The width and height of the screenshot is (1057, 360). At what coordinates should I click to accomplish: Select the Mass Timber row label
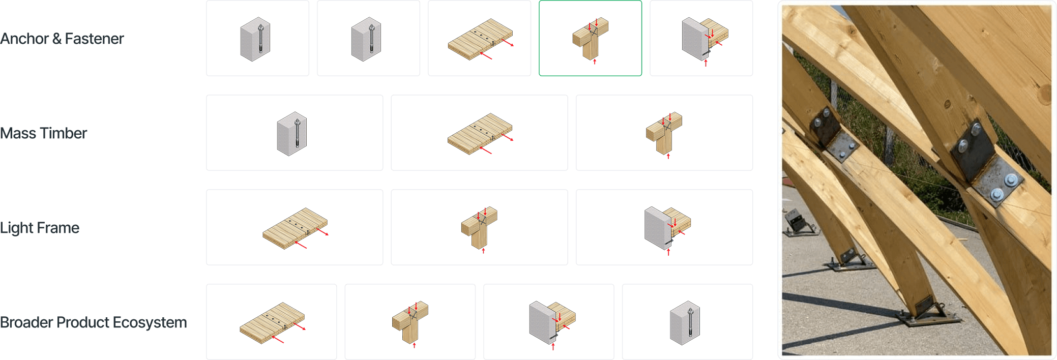(43, 133)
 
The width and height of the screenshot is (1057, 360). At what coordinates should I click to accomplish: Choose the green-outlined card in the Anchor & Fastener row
(590, 38)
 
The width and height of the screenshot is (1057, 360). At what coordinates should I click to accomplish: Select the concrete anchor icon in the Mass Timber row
(292, 134)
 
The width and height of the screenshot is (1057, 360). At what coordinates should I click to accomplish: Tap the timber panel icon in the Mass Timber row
(480, 134)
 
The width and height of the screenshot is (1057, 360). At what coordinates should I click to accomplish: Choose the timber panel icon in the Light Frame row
(295, 228)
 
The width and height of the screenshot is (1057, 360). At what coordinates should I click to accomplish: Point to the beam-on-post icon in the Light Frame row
(479, 229)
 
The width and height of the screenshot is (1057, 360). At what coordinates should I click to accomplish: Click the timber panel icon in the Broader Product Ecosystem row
(272, 323)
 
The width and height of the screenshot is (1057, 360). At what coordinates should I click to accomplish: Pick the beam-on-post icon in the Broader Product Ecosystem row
(410, 324)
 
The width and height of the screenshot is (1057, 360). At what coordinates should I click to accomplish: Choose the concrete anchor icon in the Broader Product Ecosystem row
(685, 323)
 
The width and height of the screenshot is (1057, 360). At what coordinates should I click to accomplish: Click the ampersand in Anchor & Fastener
(57, 39)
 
